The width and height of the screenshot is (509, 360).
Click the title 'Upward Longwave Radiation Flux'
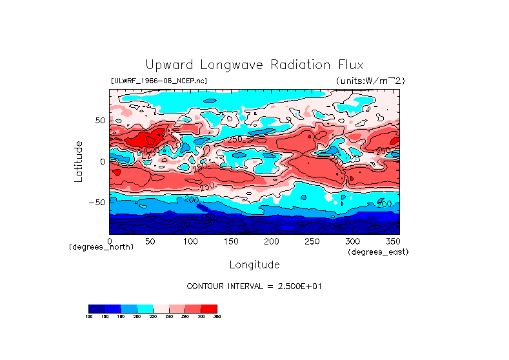pyautogui.click(x=254, y=65)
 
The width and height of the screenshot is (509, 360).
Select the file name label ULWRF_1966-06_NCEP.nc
pyautogui.click(x=159, y=81)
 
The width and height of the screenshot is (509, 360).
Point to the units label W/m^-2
pyautogui.click(x=370, y=81)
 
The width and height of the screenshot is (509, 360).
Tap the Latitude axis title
pyautogui.click(x=79, y=161)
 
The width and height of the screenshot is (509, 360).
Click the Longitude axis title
pyautogui.click(x=254, y=265)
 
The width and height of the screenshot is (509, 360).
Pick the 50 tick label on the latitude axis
pyautogui.click(x=100, y=121)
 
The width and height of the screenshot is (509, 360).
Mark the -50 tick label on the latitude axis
pyautogui.click(x=97, y=202)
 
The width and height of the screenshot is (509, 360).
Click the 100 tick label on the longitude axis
pyautogui.click(x=190, y=241)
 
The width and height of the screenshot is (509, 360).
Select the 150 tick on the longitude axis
pyautogui.click(x=231, y=241)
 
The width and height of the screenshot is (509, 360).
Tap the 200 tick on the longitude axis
pyautogui.click(x=272, y=241)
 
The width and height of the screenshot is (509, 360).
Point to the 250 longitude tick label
pyautogui.click(x=312, y=241)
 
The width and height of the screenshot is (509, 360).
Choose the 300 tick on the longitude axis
pyautogui.click(x=352, y=241)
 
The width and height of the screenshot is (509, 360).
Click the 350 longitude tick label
pyautogui.click(x=393, y=241)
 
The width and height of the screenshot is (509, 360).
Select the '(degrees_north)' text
pyautogui.click(x=101, y=247)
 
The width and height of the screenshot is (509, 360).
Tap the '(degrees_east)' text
pyautogui.click(x=378, y=252)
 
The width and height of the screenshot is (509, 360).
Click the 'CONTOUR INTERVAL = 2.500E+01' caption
pyautogui.click(x=254, y=286)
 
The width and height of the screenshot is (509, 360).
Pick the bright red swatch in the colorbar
pyautogui.click(x=210, y=308)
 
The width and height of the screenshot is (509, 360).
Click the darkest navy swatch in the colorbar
pyautogui.click(x=96, y=308)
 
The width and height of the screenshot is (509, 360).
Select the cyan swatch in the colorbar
pyautogui.click(x=145, y=308)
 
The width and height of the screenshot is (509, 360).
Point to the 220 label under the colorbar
pyautogui.click(x=153, y=316)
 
